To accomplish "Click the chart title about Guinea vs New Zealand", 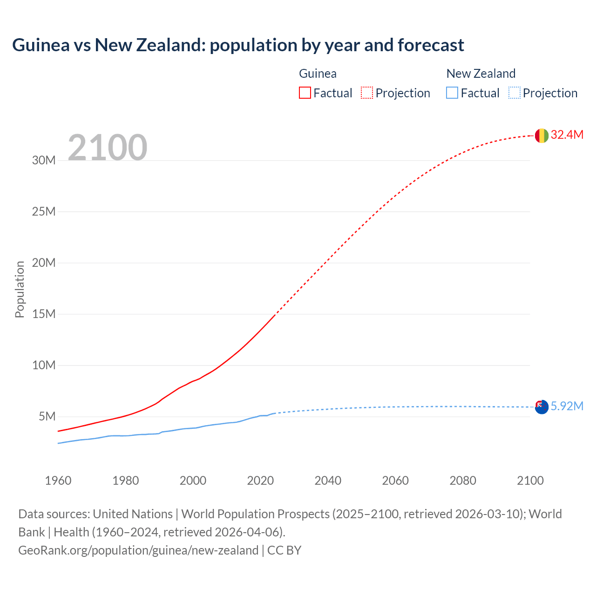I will pyautogui.click(x=238, y=45).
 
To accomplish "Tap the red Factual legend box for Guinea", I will pyautogui.click(x=305, y=93).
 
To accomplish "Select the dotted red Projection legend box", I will pyautogui.click(x=367, y=93).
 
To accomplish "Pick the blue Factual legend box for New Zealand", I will pyautogui.click(x=452, y=93).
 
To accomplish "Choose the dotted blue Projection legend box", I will pyautogui.click(x=515, y=93).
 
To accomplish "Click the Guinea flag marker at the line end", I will pyautogui.click(x=542, y=135).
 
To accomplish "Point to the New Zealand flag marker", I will pyautogui.click(x=542, y=407).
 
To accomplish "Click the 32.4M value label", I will pyautogui.click(x=567, y=135).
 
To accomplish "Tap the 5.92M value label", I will pyautogui.click(x=567, y=406).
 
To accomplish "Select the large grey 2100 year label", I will pyautogui.click(x=108, y=148).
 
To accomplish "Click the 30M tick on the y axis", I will pyautogui.click(x=44, y=161).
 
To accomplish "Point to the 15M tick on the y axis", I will pyautogui.click(x=44, y=314).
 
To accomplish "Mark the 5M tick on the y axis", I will pyautogui.click(x=47, y=416).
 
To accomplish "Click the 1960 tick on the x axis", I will pyautogui.click(x=58, y=481).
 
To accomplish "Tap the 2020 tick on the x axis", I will pyautogui.click(x=260, y=481).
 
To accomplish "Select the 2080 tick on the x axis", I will pyautogui.click(x=463, y=481).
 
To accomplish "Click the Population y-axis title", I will pyautogui.click(x=20, y=289).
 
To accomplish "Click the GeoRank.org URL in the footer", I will pyautogui.click(x=138, y=550).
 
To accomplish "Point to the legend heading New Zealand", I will pyautogui.click(x=481, y=74).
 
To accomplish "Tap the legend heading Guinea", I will pyautogui.click(x=318, y=74).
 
